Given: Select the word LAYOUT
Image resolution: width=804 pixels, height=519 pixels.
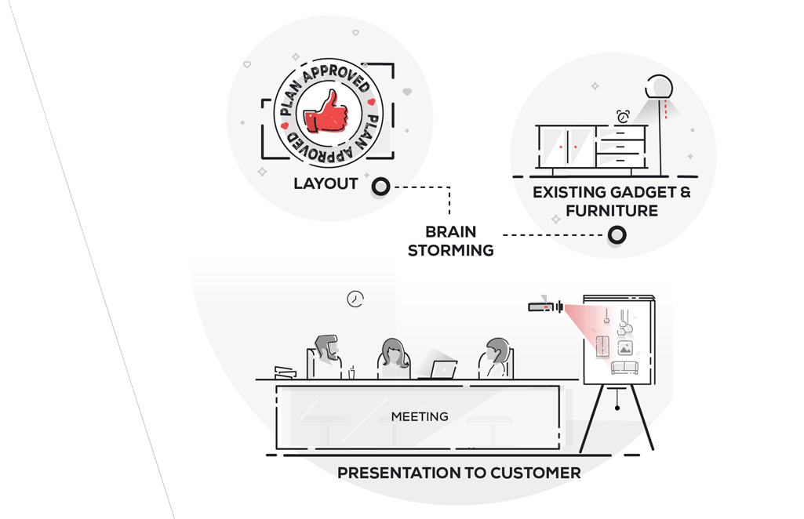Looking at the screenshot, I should pos(326,184).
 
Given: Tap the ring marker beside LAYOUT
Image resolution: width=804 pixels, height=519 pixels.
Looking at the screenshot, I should pos(380,187).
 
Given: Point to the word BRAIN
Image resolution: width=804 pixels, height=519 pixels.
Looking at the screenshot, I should pos(451,232).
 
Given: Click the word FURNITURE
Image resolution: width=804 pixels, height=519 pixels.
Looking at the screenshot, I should pos(612,211).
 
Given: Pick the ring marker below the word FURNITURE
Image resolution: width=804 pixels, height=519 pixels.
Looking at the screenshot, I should pos(617,234).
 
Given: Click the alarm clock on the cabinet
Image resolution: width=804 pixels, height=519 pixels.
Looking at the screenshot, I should pos(623,117).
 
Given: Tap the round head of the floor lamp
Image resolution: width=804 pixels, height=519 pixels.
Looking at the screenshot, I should pos(659,86).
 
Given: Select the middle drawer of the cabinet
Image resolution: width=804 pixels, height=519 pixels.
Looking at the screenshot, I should pos(620,146).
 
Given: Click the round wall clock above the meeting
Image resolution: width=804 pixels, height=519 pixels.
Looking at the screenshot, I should pos(355,299).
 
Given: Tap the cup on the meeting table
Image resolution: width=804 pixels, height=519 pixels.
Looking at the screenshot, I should pos(351,373).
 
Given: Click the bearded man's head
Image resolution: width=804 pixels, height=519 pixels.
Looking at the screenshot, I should pos(326,347).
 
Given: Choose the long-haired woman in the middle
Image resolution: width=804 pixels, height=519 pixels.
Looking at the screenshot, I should pos(394,355).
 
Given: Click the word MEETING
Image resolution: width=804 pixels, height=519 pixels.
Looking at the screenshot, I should pos(420,416).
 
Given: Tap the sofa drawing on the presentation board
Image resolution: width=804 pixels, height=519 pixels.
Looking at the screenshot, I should pos(624,368).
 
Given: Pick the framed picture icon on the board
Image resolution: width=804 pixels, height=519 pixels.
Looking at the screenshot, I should pos(624,348).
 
